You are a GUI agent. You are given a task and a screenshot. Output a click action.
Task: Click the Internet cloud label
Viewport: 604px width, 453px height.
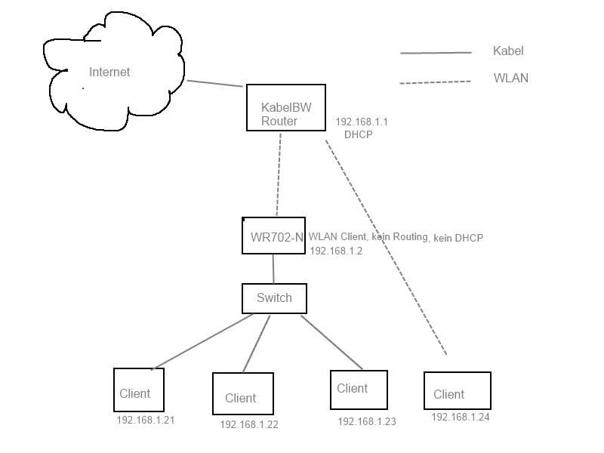109,72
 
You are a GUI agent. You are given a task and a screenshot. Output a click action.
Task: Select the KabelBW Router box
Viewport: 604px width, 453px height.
286,108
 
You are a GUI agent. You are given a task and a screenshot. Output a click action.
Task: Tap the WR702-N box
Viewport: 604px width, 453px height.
274,236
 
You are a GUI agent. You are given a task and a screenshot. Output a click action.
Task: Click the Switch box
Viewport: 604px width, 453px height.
274,298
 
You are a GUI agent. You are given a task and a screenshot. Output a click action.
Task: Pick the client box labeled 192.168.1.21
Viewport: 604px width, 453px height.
138,390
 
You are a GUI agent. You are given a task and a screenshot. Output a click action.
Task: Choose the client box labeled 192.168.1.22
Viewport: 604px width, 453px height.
242,394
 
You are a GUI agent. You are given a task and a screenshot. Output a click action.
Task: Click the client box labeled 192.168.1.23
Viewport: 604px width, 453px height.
359,390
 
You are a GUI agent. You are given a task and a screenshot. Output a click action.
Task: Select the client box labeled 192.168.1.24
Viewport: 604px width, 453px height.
457,391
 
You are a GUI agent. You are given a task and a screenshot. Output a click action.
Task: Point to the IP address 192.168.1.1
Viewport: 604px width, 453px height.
362,122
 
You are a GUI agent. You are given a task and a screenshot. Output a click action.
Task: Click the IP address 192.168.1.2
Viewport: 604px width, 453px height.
336,251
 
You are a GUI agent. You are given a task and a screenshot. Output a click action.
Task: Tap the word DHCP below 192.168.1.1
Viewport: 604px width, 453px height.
358,134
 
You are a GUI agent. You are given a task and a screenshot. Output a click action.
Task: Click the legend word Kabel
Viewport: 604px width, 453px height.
508,51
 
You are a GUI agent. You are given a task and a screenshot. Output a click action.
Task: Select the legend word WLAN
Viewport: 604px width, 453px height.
511,78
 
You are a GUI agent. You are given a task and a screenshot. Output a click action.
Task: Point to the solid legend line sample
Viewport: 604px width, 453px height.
436,53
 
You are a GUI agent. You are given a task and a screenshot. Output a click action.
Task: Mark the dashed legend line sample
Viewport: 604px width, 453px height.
435,82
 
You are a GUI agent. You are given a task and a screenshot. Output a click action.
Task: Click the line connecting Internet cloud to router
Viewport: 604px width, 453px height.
215,84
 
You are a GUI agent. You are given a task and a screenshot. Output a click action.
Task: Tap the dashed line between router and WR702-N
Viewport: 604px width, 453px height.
279,174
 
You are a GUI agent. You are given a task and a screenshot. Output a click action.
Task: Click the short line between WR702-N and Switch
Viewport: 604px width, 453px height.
273,269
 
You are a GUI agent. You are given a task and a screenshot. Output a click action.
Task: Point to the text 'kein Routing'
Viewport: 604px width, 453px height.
399,237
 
